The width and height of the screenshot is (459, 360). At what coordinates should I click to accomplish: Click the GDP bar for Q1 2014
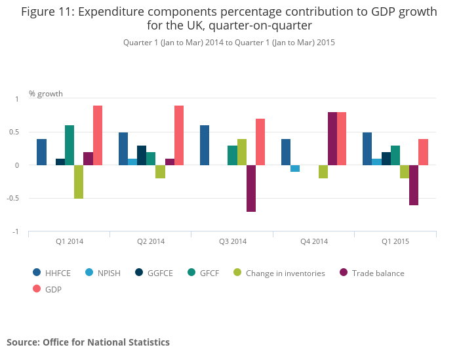[98, 136]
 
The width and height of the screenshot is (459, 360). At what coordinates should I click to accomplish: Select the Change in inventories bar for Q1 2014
[79, 182]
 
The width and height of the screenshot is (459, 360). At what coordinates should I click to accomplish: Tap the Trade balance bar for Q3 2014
[251, 189]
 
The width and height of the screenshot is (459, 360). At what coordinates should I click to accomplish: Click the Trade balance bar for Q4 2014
[332, 139]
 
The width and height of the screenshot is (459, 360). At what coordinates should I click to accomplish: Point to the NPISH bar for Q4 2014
[295, 169]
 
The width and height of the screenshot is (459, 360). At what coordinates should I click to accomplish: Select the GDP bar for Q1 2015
[423, 152]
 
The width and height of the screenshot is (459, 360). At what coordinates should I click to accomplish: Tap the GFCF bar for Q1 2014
[70, 146]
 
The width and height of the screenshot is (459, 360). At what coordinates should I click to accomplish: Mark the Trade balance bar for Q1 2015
[414, 186]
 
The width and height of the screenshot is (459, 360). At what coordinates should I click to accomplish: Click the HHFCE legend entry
[54, 273]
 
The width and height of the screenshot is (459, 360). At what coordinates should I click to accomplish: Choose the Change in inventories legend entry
[279, 273]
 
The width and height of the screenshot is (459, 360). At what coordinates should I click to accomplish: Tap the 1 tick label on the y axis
[18, 99]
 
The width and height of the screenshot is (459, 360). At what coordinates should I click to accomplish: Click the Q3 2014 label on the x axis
[233, 241]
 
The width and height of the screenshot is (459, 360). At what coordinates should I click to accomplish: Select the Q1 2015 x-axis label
[395, 241]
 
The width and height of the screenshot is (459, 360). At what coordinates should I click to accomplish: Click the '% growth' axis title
[46, 94]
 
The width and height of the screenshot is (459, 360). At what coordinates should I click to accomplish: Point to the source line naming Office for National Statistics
[88, 342]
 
